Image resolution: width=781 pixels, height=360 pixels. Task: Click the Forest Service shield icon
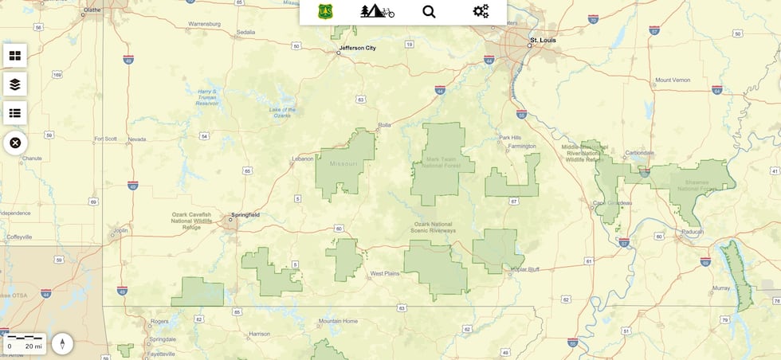coord(325,11)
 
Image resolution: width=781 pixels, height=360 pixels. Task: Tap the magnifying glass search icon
coord(429,11)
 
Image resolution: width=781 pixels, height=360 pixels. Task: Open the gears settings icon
coord(481,11)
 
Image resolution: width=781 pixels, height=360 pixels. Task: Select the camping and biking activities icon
coord(377,11)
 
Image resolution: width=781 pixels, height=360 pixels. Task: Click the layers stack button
coord(15,84)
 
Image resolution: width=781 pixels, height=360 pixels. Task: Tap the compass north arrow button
coord(62,344)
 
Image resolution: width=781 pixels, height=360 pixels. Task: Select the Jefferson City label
coord(357,48)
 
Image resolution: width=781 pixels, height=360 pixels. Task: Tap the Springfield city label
coord(245,215)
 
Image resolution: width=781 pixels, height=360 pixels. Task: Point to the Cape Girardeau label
coord(612,203)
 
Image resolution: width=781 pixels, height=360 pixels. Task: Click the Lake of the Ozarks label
coord(282,112)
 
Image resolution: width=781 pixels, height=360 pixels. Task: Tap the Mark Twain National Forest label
coord(442,162)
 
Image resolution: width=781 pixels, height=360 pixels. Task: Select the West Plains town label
coord(383,274)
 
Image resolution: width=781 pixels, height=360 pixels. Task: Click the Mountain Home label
coord(338,321)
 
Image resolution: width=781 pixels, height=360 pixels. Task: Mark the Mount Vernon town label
coord(672,80)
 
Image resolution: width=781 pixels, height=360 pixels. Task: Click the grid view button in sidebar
coord(15,55)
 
